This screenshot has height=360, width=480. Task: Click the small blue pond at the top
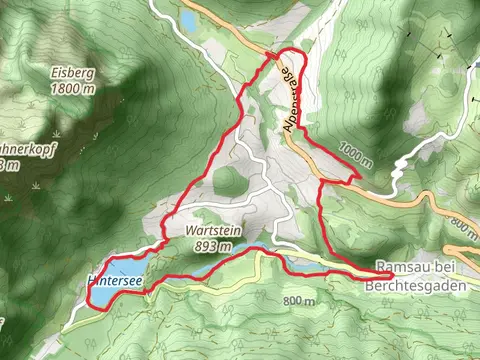(x=188, y=20)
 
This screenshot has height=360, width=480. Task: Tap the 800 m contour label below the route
(x=299, y=301)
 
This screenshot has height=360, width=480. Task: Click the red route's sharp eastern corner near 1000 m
(x=357, y=177)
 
